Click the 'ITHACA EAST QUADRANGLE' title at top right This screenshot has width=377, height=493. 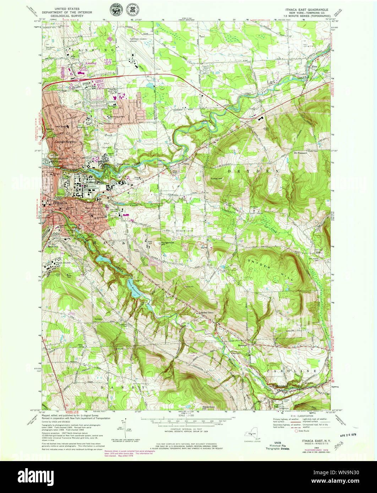tap(309, 10)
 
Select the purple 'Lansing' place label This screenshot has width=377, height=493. tap(91, 63)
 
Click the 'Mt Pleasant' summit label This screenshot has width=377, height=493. tap(300, 153)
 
